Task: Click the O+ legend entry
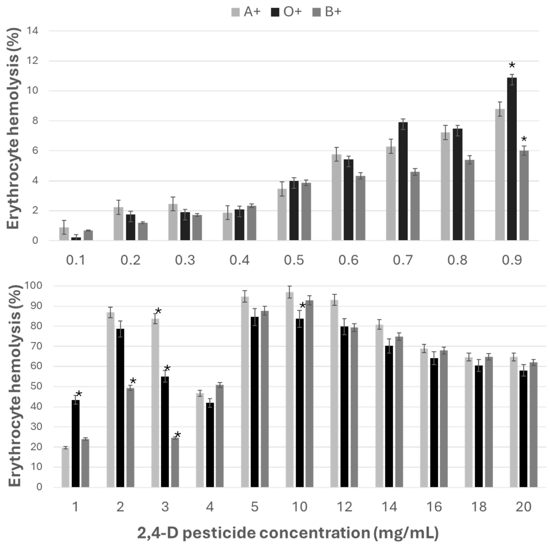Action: pos(286,12)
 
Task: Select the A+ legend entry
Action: pos(246,12)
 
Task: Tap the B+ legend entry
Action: pos(327,12)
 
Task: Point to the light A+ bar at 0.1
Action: pos(64,234)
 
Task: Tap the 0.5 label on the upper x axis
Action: pos(294,260)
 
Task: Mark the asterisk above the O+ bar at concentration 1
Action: pos(79,394)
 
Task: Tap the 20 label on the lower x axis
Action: pos(524,507)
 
